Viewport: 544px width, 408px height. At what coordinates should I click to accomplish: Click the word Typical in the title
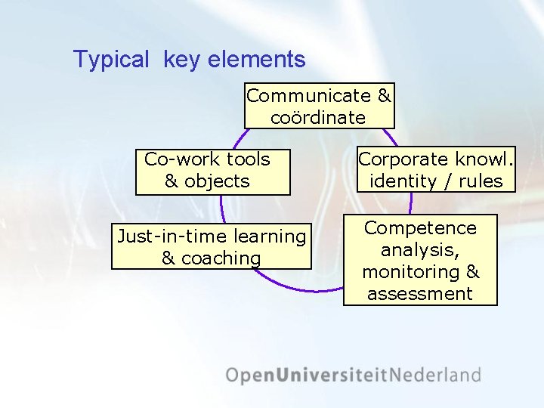[111, 60]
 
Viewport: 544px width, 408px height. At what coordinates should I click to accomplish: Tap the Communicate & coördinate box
[319, 106]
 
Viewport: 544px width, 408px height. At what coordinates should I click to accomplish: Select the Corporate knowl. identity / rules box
[436, 170]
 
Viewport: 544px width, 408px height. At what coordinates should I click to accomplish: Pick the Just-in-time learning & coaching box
[212, 246]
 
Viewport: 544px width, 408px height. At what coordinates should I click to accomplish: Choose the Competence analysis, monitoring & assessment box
[420, 260]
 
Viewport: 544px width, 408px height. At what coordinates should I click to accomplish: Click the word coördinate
[318, 118]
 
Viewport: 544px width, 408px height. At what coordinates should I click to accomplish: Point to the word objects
[217, 181]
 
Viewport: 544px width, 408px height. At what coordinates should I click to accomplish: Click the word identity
[403, 181]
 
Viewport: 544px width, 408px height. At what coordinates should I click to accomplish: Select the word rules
[480, 181]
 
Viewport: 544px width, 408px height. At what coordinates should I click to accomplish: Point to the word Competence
[420, 228]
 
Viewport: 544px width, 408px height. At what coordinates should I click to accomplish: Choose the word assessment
[420, 293]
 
